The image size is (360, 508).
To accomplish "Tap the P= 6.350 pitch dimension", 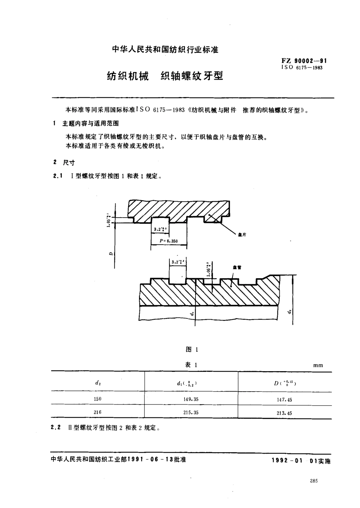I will point(168,241).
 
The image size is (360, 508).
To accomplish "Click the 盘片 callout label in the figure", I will point(242,235).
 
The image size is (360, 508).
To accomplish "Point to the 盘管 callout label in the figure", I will point(237,267).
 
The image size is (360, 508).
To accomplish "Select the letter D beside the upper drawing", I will point(110,254).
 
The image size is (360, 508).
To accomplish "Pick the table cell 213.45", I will point(284,413).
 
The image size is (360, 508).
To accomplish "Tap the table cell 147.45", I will point(284,400).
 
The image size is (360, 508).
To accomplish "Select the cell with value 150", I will point(97,399).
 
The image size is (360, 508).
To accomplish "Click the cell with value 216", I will point(97,412).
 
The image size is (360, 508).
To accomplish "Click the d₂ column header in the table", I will point(98,383).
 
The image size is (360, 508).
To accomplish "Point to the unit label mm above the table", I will point(318,365).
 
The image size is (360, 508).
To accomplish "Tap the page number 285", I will point(313,481).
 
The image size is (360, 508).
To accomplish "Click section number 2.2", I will point(56,428).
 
